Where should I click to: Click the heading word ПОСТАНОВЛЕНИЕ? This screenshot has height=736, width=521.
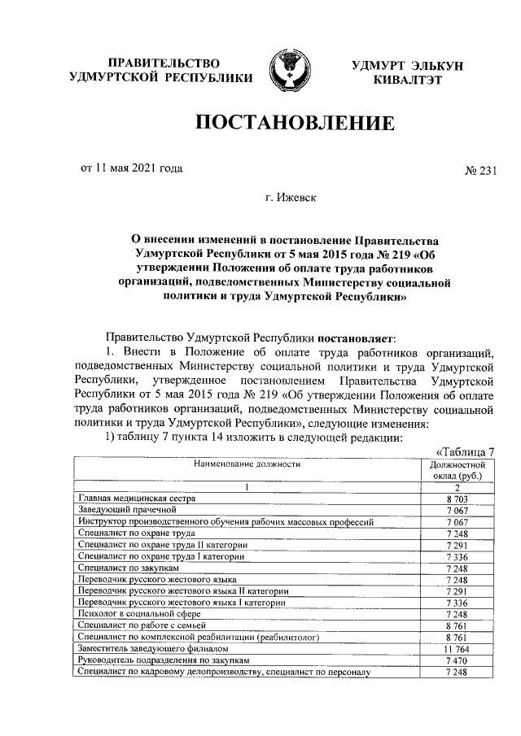[x=293, y=123]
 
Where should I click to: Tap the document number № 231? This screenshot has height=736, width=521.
[x=479, y=170]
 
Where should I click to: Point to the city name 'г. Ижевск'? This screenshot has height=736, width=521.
[x=293, y=197]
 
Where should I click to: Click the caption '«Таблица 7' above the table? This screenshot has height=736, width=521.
[x=466, y=452]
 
